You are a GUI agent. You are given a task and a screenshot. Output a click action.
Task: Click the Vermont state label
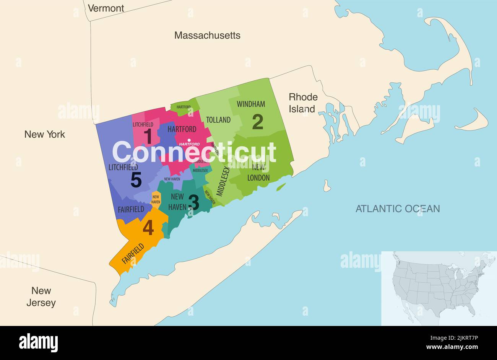(x=106, y=8)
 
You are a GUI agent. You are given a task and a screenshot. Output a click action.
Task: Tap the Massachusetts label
(x=207, y=36)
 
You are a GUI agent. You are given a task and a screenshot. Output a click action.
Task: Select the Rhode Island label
(x=302, y=103)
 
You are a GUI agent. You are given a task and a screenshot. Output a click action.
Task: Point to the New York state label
(x=45, y=134)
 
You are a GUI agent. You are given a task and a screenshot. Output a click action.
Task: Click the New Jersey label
(x=41, y=296)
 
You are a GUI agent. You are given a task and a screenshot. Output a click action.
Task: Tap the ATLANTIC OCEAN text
(x=398, y=209)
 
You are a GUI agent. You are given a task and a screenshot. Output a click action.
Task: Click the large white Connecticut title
(x=194, y=152)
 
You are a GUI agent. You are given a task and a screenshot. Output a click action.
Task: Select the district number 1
(x=148, y=136)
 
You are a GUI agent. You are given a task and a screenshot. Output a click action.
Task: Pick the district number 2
(x=258, y=122)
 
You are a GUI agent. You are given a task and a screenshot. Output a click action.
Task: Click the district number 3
(x=193, y=202)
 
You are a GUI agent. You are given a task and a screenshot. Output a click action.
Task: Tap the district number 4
(x=148, y=228)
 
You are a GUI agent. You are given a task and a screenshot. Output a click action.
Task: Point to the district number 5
(x=136, y=180)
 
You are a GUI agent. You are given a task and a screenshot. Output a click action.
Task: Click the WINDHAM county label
(x=251, y=104)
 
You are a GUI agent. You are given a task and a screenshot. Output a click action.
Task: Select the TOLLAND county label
(x=218, y=120)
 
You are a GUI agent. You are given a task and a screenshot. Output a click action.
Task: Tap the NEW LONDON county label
(x=258, y=172)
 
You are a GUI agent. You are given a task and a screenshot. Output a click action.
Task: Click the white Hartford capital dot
(x=189, y=140)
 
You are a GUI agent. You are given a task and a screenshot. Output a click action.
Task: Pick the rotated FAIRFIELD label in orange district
(x=133, y=253)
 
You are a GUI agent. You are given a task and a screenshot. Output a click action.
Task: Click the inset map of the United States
(x=439, y=288)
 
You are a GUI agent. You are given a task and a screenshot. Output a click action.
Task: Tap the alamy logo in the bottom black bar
(x=38, y=342)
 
